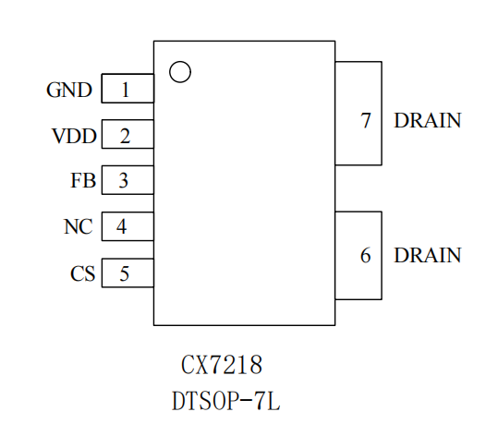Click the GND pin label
(69, 90)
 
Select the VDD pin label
(75, 136)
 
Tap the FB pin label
(83, 180)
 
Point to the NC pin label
(79, 226)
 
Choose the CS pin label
(82, 273)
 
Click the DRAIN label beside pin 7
(428, 120)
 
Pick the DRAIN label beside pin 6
(428, 255)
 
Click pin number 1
(126, 90)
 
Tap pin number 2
(126, 136)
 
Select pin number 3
(124, 180)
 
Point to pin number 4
(122, 226)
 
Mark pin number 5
(125, 273)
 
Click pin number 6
(366, 255)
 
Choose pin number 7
(366, 120)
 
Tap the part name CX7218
(222, 365)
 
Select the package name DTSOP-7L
(226, 401)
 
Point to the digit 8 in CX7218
(255, 365)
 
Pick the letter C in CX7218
(188, 365)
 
